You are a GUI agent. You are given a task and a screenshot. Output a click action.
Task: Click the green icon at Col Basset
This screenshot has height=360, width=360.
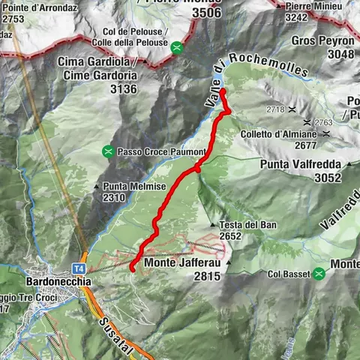pos(320,273)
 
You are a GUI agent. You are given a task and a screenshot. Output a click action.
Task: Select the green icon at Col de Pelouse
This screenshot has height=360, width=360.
pos(176,48)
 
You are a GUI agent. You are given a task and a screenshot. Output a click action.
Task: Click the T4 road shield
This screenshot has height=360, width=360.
pos(78,268)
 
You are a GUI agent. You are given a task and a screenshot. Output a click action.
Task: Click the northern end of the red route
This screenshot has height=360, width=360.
pos(223,92)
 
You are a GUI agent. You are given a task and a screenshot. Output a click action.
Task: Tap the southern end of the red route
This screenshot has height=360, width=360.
pos(132,268)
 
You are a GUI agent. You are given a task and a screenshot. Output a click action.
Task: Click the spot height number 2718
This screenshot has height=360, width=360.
pos(275,109)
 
